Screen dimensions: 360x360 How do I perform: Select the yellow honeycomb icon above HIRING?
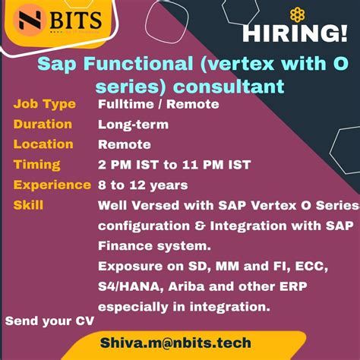[x=298, y=14]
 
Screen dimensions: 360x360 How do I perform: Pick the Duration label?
[x=43, y=124]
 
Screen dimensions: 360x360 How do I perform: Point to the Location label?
[x=43, y=144]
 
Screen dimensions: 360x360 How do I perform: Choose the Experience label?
[x=52, y=185]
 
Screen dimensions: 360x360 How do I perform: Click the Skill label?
[x=28, y=205]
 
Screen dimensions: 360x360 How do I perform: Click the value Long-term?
[x=133, y=125]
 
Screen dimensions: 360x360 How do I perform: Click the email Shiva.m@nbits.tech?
[x=186, y=344]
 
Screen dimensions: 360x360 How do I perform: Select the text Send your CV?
[x=49, y=321]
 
